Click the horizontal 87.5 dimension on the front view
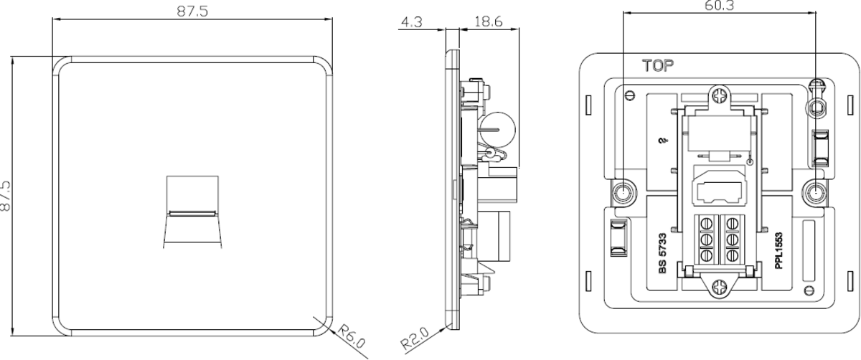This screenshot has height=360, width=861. pyautogui.click(x=192, y=11)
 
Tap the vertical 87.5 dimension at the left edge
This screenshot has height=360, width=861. pyautogui.click(x=6, y=196)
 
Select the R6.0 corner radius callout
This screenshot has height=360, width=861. pyautogui.click(x=352, y=336)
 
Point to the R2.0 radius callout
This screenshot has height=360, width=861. pyautogui.click(x=415, y=338)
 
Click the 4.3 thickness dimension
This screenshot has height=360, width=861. pyautogui.click(x=412, y=22)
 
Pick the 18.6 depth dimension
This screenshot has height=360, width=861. pyautogui.click(x=488, y=22)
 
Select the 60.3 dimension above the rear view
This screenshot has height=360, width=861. pyautogui.click(x=719, y=6)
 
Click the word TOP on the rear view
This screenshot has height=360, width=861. pyautogui.click(x=658, y=66)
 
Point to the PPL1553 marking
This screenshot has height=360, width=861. pyautogui.click(x=778, y=250)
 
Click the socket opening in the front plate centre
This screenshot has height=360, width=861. pyautogui.click(x=192, y=212)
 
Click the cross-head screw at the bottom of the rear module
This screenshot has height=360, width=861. pyautogui.click(x=719, y=287)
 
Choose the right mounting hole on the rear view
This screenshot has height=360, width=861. pyautogui.click(x=815, y=192)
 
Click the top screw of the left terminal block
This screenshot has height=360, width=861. pyautogui.click(x=707, y=223)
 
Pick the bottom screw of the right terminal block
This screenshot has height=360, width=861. pyautogui.click(x=733, y=255)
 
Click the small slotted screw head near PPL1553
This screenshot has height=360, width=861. pyautogui.click(x=809, y=290)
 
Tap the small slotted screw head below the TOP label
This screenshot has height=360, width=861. pyautogui.click(x=630, y=95)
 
